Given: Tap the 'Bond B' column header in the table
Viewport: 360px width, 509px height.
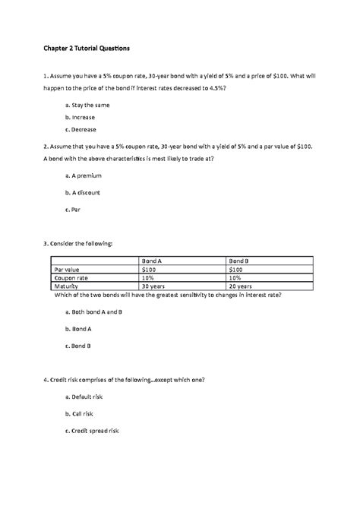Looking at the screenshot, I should pos(240,261).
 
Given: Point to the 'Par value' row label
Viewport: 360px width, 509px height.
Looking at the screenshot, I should pos(66,269).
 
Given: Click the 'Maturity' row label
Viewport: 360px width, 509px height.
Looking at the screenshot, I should pos(66,286).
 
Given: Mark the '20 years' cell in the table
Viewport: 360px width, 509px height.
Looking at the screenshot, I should pos(242,286).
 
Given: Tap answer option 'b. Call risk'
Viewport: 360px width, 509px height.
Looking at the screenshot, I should pos(82,414).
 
